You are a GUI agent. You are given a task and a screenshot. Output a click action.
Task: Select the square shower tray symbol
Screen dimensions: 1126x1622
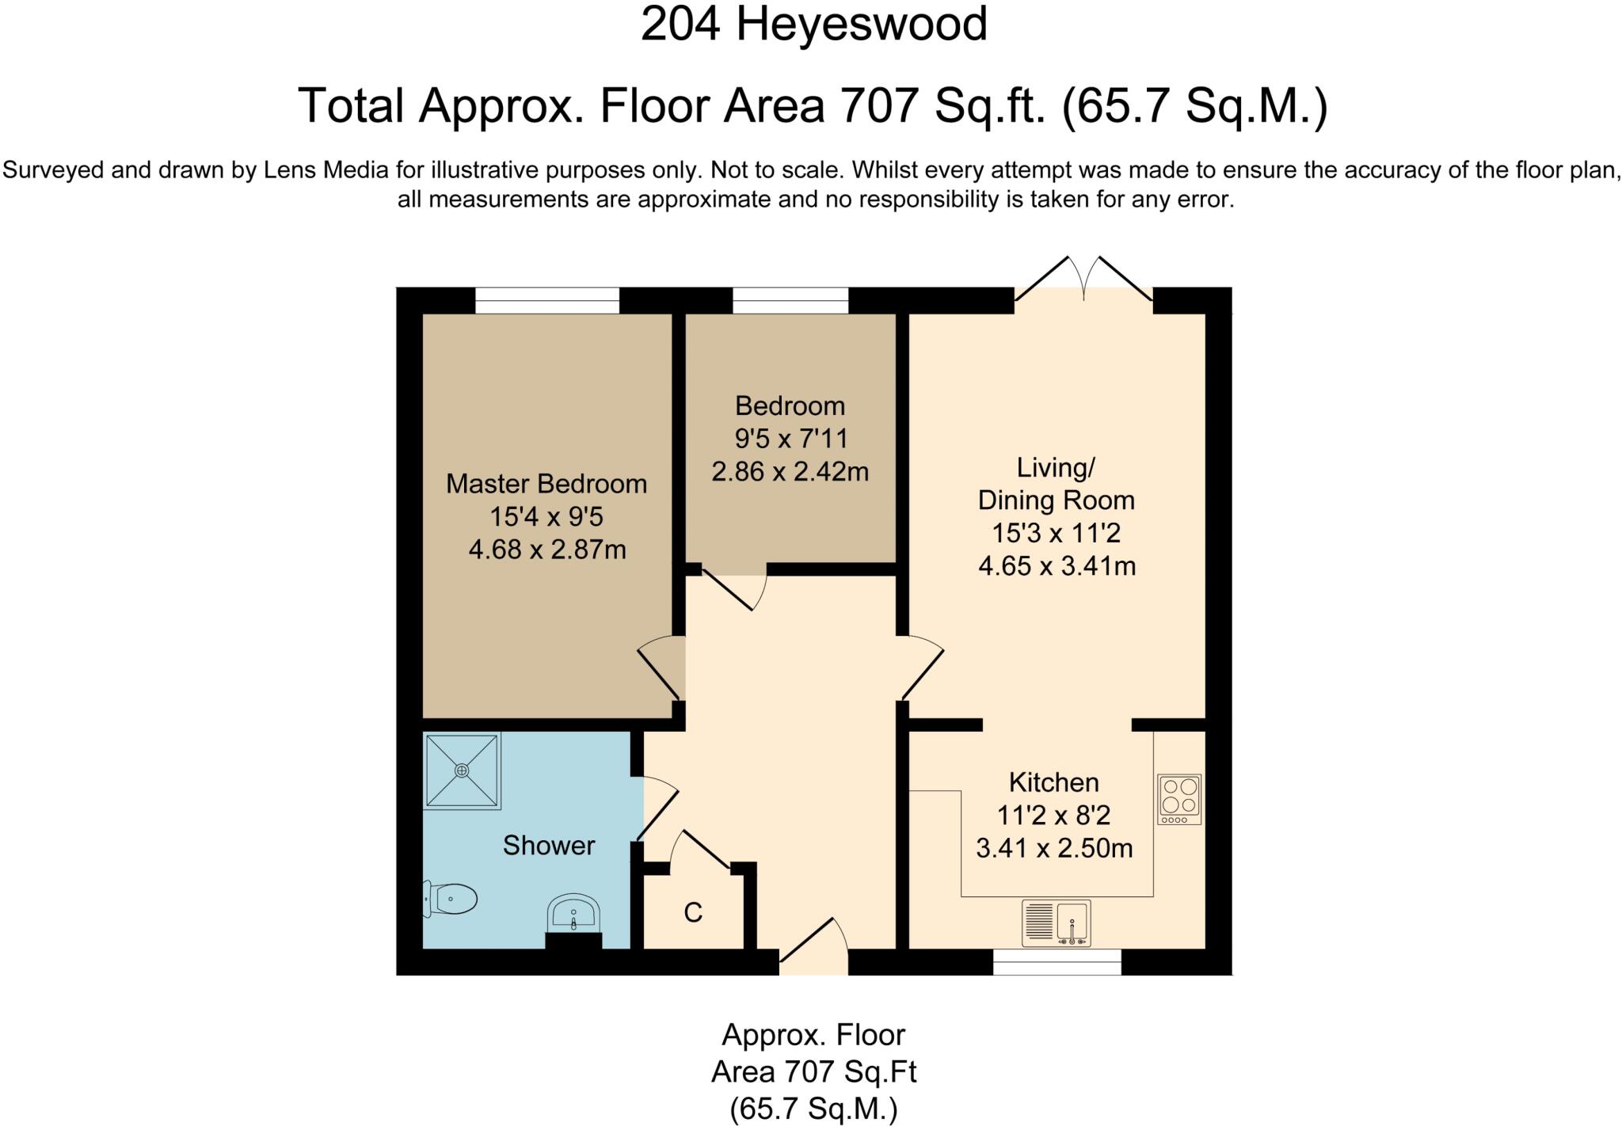(463, 770)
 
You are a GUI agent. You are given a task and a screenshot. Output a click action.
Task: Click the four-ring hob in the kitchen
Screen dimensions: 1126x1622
(1179, 798)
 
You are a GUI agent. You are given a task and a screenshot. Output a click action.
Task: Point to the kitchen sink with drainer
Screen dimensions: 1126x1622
(1056, 923)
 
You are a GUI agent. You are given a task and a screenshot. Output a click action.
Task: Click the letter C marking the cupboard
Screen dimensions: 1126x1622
(693, 913)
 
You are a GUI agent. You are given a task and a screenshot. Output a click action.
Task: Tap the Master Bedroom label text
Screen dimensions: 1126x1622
(546, 484)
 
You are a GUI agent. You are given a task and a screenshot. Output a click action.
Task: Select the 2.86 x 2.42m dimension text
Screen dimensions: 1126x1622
(790, 472)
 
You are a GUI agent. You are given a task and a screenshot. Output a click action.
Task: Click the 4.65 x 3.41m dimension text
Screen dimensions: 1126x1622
(1057, 566)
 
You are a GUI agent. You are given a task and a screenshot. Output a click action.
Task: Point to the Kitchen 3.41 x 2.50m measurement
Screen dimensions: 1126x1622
(1054, 849)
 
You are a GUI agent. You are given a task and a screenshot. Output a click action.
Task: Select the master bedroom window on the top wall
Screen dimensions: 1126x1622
(546, 300)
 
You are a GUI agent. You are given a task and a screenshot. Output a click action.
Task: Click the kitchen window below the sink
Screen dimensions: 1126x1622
(1057, 962)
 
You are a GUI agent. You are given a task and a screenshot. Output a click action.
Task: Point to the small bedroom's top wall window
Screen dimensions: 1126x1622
(790, 300)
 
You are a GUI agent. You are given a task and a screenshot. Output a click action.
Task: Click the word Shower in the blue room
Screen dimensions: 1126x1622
(548, 846)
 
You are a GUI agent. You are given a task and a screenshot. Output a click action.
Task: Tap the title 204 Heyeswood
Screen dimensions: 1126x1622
(813, 24)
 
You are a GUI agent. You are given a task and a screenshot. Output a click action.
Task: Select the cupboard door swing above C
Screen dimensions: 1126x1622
(700, 851)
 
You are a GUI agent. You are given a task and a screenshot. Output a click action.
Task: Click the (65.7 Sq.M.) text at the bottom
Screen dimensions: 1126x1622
(813, 1109)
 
